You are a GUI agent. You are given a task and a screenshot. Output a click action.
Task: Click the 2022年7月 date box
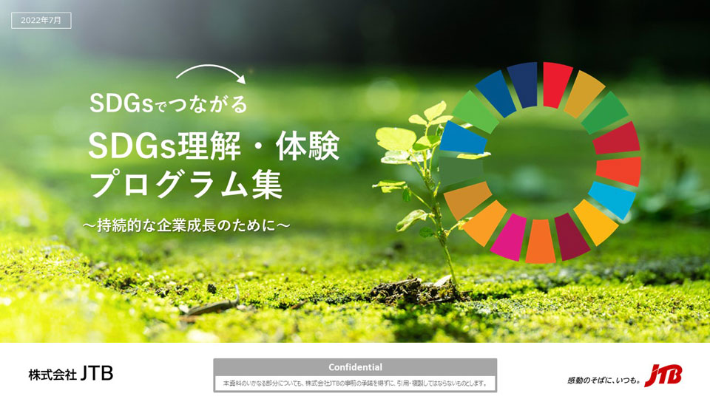click(41, 21)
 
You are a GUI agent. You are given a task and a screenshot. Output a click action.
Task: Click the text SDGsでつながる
click(169, 103)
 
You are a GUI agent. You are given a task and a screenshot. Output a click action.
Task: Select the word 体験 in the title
click(308, 146)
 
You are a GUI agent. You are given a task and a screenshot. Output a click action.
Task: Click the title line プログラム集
click(186, 184)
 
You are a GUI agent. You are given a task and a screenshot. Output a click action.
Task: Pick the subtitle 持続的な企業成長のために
click(186, 225)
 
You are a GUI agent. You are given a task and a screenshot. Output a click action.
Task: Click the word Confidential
click(355, 367)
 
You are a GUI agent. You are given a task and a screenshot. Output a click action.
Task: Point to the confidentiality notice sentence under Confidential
click(355, 383)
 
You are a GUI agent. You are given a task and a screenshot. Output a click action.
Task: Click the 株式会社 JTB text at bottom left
click(71, 374)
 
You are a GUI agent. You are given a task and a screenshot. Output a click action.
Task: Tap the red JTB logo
click(663, 375)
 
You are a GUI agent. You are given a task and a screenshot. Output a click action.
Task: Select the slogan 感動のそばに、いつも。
click(603, 381)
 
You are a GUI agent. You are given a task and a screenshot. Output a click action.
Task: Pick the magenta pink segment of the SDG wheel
click(509, 237)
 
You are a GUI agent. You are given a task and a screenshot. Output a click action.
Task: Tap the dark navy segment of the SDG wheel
click(523, 85)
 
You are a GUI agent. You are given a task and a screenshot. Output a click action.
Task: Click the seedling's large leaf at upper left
click(396, 138)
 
